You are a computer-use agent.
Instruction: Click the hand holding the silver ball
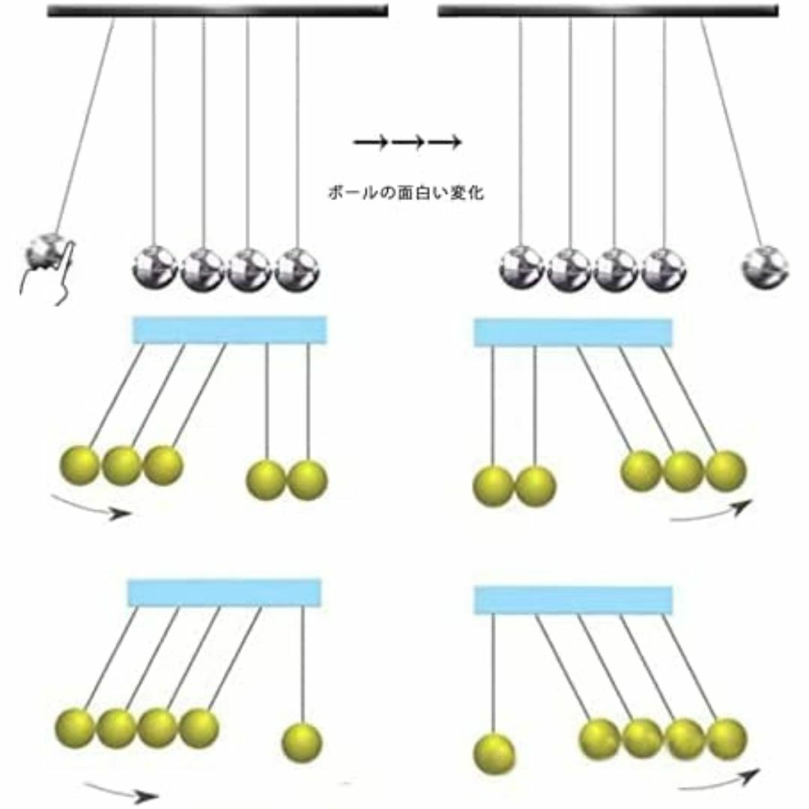pos(52,273)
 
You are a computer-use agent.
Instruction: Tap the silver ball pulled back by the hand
pos(47,252)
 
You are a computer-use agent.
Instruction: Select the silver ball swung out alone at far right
pos(765,266)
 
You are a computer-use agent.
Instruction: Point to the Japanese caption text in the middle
pos(406,193)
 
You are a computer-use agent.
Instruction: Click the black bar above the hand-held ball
pos(218,10)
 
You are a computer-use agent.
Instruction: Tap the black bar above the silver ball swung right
pos(608,10)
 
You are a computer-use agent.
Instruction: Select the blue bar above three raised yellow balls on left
pos(230,330)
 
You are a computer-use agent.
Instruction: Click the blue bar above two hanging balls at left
pos(573,333)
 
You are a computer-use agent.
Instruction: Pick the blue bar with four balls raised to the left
pos(225,593)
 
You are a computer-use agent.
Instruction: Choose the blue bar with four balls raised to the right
pos(573,601)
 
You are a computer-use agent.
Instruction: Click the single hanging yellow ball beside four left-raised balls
pos(302,742)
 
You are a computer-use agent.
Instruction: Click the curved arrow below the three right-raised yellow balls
pos(712,512)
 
